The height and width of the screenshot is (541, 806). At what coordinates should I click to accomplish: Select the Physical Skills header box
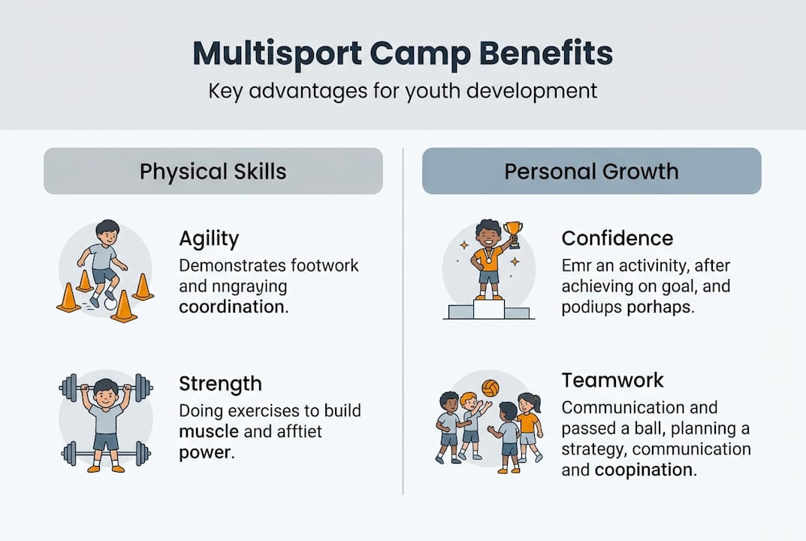click(x=213, y=171)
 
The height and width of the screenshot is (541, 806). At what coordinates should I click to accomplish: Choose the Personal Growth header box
click(x=591, y=171)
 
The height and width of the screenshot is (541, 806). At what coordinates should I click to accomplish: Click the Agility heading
click(x=209, y=239)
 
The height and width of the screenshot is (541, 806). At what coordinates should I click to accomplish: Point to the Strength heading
click(x=220, y=384)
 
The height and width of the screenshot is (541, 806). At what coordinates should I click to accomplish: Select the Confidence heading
click(x=617, y=239)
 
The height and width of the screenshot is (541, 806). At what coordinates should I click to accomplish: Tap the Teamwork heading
click(x=612, y=380)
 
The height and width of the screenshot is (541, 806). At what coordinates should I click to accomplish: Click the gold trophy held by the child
click(x=512, y=231)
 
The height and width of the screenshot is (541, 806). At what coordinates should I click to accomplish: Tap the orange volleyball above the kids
click(x=491, y=388)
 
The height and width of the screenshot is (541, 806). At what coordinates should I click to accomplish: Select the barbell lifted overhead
click(x=105, y=387)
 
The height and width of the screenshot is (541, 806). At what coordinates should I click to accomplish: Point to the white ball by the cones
click(x=110, y=304)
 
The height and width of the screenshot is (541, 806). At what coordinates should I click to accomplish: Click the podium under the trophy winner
click(x=488, y=310)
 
